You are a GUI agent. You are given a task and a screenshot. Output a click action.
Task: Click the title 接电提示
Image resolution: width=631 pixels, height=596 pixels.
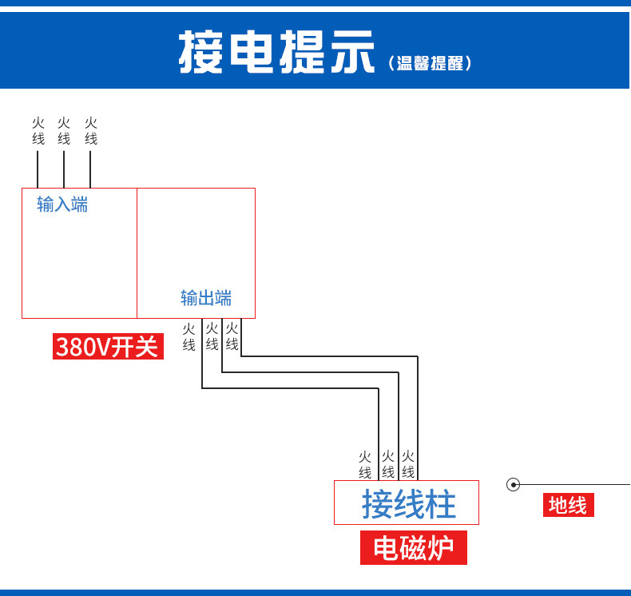coord(276,51)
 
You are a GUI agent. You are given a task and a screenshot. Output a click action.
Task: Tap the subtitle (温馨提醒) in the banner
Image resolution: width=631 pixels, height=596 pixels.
coord(430,63)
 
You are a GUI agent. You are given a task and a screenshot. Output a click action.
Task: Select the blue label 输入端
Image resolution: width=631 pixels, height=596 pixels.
coord(62,204)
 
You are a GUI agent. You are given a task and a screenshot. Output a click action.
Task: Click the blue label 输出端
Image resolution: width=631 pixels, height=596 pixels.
coord(206,298)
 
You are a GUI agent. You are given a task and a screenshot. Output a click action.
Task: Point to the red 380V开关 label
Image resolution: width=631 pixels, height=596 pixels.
coord(108,346)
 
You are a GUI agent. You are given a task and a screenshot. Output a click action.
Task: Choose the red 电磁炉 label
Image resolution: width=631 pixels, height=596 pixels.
coord(413,547)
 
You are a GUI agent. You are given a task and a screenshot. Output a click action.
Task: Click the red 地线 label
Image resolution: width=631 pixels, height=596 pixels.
coord(568,505)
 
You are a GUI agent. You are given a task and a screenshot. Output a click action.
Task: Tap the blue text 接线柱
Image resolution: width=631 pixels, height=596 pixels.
coord(408,503)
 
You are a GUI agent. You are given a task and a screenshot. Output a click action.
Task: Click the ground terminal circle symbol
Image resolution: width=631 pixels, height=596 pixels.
coord(513,484)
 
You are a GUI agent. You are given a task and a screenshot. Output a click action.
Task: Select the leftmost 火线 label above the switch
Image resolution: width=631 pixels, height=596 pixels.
coord(38,131)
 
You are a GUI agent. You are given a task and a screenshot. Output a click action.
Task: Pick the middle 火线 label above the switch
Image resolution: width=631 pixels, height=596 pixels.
coord(64,131)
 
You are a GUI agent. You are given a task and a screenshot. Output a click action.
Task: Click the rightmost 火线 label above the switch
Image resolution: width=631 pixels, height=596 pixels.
coord(91,131)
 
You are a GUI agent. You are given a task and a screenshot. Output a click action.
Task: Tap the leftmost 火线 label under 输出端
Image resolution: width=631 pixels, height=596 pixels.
coord(189,337)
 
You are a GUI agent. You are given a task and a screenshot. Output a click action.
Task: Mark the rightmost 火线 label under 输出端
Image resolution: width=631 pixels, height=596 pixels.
coord(232,336)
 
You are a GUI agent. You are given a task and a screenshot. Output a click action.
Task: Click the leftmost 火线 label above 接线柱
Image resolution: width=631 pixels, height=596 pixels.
coord(365,465)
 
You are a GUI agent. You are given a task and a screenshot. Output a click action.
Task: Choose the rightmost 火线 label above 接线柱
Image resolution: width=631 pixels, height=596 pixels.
coord(408,464)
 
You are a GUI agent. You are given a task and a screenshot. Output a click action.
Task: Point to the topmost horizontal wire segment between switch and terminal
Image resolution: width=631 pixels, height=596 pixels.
coord(330,356)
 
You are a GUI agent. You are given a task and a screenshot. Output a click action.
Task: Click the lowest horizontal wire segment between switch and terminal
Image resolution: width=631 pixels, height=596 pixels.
coord(290,388)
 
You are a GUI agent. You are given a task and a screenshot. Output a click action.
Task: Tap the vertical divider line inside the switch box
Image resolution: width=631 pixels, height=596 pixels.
coord(137,253)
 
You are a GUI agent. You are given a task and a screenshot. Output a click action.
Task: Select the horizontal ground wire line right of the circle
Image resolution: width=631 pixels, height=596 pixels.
coord(575,484)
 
